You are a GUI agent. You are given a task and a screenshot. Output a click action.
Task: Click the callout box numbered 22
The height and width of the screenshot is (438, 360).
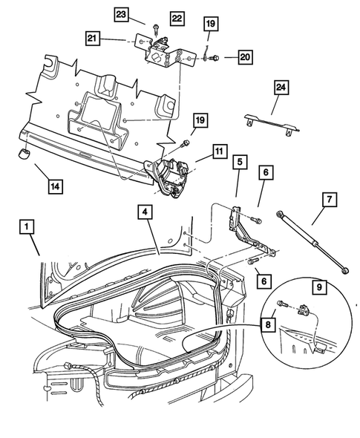(177, 17)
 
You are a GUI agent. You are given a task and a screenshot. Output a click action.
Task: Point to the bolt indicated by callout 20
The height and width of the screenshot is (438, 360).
(212, 56)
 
